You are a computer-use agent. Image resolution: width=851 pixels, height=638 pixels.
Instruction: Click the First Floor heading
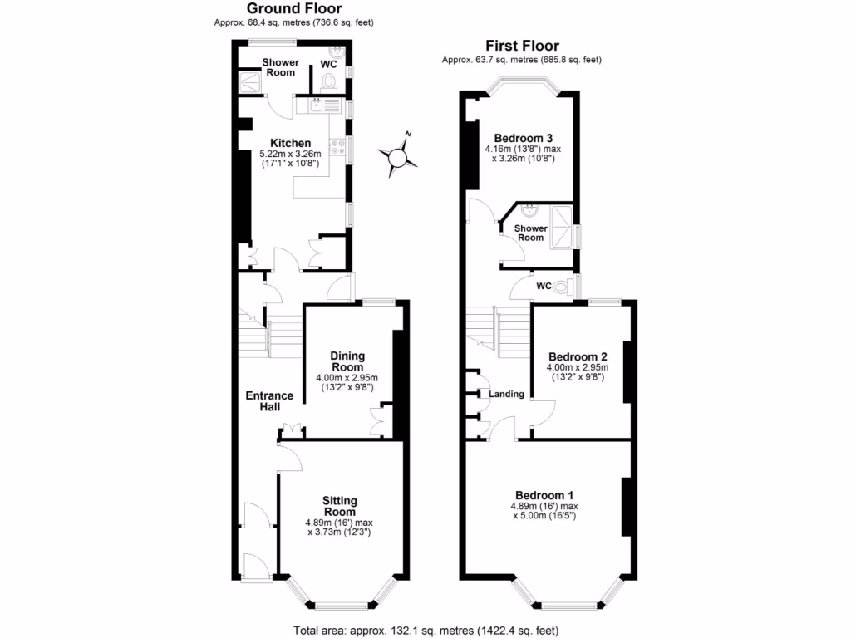522,46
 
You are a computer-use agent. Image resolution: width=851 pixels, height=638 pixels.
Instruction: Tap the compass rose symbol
399,155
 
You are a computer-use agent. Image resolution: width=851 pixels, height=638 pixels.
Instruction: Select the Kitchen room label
284,143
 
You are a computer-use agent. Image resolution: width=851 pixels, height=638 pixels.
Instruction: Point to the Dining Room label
347,361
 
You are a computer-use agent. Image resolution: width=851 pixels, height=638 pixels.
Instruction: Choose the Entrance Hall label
269,401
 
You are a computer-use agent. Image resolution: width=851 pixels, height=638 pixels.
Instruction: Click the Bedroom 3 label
524,138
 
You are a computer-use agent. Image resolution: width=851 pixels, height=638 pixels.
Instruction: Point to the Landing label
506,394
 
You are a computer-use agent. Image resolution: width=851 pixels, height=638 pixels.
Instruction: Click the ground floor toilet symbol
329,81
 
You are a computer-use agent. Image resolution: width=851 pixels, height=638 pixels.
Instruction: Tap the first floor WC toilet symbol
563,287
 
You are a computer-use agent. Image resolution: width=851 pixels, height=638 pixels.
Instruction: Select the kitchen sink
320,105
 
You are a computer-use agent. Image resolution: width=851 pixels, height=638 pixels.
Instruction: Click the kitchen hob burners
339,148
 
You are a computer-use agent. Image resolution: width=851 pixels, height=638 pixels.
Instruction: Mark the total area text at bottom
425,629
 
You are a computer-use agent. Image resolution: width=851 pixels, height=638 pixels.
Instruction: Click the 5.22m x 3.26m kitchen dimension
284,155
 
